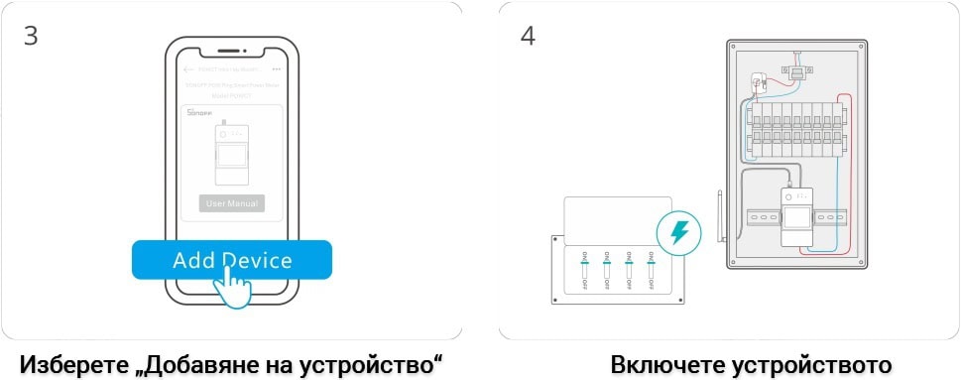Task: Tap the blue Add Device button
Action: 231,260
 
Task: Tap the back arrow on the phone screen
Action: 188,70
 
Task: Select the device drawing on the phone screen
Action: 231,153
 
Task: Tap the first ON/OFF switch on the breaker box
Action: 585,271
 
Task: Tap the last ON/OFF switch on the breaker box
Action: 651,271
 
